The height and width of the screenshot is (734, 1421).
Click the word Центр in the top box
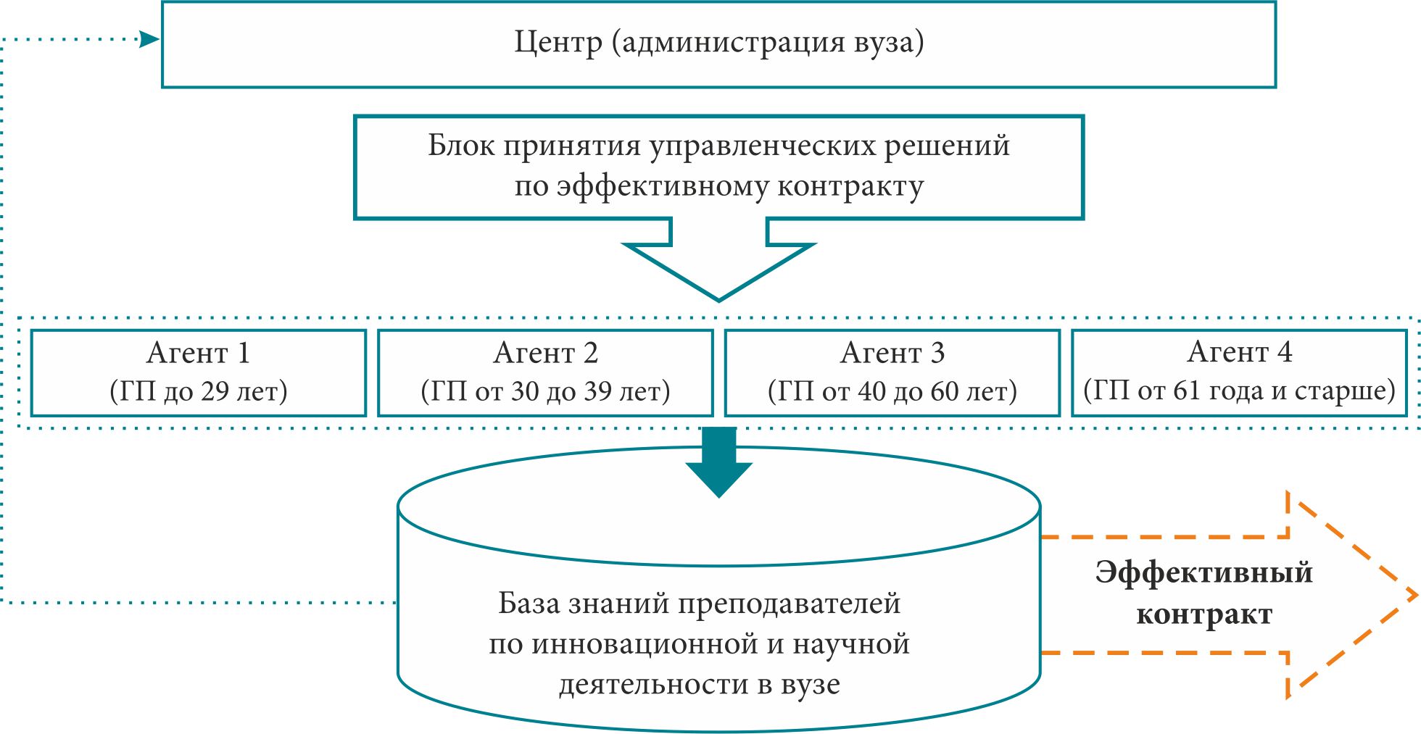click(x=558, y=43)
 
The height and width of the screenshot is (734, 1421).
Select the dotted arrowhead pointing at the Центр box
click(x=150, y=39)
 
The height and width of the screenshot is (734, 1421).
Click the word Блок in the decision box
click(x=461, y=146)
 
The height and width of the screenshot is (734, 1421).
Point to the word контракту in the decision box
click(x=850, y=187)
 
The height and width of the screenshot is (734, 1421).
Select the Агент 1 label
click(x=199, y=354)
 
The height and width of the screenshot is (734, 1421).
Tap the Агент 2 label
click(x=545, y=354)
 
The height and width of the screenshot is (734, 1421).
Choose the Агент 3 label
click(x=892, y=354)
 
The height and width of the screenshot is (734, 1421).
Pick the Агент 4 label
click(x=1240, y=353)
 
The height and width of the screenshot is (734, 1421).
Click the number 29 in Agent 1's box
click(x=215, y=392)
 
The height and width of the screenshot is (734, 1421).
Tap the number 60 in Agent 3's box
click(x=945, y=392)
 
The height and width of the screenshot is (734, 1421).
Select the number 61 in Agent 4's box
click(x=1187, y=391)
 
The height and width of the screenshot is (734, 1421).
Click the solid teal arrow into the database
click(x=718, y=464)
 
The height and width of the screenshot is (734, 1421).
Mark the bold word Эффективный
click(x=1203, y=572)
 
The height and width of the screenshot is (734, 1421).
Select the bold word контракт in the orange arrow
click(x=1203, y=614)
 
